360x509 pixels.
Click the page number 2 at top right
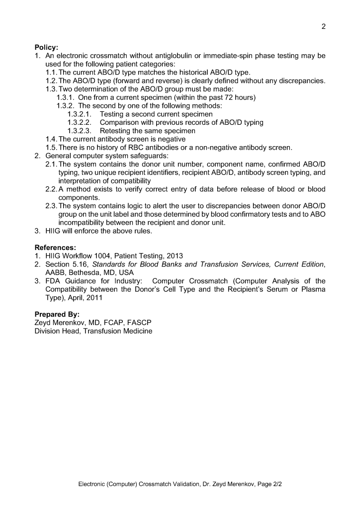coord(323,27)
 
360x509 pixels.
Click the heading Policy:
coord(46,48)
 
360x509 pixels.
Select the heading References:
coord(55,248)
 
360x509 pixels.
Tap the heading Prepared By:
coord(57,315)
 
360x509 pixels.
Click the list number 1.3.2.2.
coord(80,122)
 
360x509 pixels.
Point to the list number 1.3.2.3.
coord(80,131)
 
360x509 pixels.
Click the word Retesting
coord(116,131)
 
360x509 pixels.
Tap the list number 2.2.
coord(51,189)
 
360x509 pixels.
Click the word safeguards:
coord(141,156)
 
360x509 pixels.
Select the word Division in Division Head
coord(48,332)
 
